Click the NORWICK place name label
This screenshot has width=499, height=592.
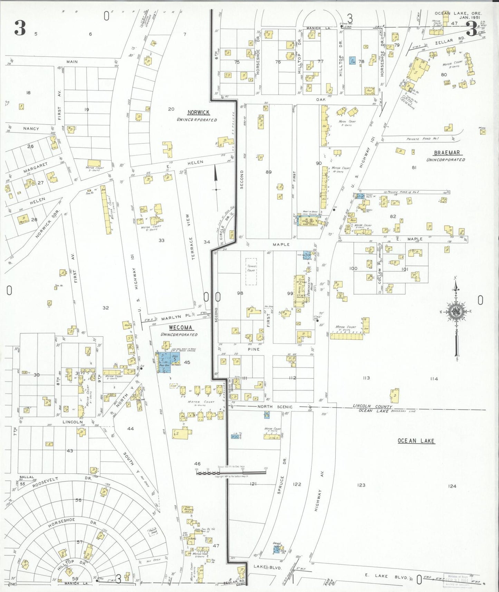click(x=199, y=113)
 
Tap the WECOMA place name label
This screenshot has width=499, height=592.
click(x=181, y=327)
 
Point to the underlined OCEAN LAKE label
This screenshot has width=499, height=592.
click(x=416, y=441)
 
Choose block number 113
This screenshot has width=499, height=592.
click(x=366, y=378)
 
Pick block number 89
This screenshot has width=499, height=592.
click(x=269, y=172)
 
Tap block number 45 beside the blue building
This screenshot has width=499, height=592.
click(x=187, y=362)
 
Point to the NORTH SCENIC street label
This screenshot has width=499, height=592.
click(x=275, y=407)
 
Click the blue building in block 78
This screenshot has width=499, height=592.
click(x=352, y=61)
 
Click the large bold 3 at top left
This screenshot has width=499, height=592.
click(x=20, y=28)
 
